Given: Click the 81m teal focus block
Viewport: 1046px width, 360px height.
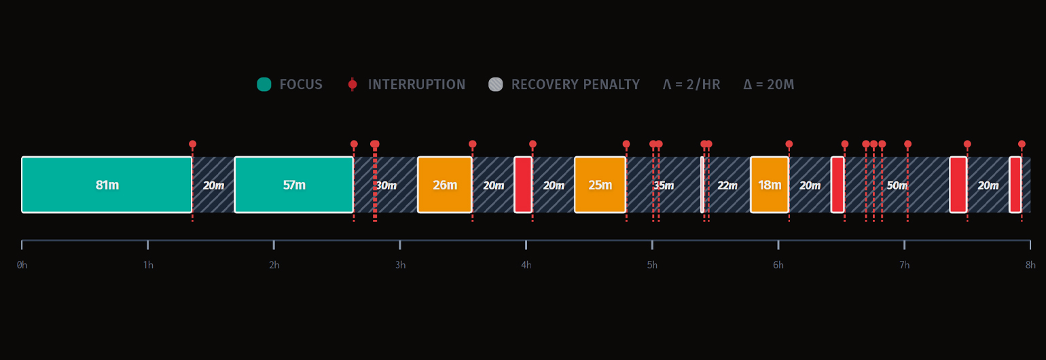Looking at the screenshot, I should (x=107, y=185).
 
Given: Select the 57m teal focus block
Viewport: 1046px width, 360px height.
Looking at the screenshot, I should (x=293, y=185).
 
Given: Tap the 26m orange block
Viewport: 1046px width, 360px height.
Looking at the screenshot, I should (x=445, y=185).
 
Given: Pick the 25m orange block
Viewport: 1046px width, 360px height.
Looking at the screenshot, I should (x=600, y=185).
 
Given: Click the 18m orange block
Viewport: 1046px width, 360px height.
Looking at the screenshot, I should (x=770, y=185).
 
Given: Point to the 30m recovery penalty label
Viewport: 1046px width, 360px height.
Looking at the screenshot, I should (x=386, y=185).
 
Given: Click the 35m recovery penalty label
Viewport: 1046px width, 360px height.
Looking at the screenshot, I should (x=664, y=185).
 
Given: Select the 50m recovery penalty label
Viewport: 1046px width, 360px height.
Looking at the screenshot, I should (x=897, y=185).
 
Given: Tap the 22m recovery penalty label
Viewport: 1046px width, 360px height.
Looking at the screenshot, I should (x=727, y=185).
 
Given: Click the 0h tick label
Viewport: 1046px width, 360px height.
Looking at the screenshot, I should (x=22, y=265).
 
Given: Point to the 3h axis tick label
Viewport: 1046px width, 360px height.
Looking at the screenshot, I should (x=400, y=265).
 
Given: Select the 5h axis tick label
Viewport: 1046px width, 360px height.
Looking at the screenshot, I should (x=652, y=265).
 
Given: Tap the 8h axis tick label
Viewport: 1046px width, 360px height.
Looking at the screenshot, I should (x=1030, y=265).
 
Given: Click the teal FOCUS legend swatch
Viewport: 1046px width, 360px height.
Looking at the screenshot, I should (x=264, y=84).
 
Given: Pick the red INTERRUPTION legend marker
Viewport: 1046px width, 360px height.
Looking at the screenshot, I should (x=352, y=84).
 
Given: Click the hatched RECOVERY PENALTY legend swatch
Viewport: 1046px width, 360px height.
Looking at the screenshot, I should (x=496, y=84).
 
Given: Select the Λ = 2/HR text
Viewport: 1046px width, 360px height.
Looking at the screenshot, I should (x=691, y=84).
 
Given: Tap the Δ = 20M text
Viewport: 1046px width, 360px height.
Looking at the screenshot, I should (x=768, y=84).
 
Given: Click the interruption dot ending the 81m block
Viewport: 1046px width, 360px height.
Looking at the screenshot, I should (x=192, y=144).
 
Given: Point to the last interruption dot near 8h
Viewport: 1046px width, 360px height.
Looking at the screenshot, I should (x=1022, y=144).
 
